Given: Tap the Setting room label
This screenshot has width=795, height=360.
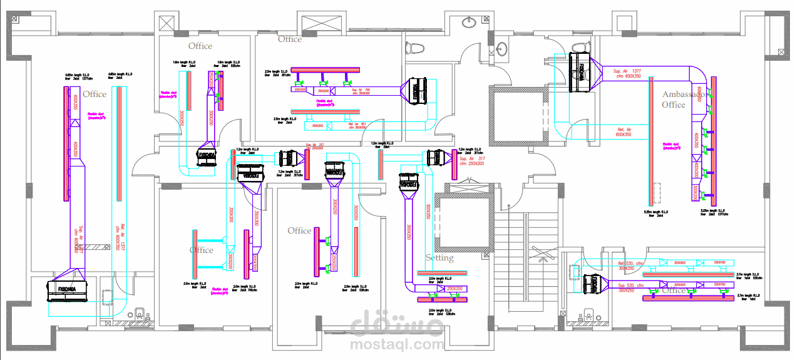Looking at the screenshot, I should (439, 257).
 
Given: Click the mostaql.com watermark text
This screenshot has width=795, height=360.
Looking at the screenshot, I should (397, 344).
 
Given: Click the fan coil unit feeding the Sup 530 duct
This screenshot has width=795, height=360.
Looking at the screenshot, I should (592, 285).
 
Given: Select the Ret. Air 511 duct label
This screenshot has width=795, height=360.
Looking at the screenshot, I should (357, 125).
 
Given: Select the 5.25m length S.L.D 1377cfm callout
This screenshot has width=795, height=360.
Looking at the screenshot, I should (714, 212).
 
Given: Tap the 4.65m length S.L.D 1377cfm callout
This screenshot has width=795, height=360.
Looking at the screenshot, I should (78, 77).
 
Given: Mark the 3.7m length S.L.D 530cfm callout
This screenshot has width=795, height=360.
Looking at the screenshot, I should (751, 275).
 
